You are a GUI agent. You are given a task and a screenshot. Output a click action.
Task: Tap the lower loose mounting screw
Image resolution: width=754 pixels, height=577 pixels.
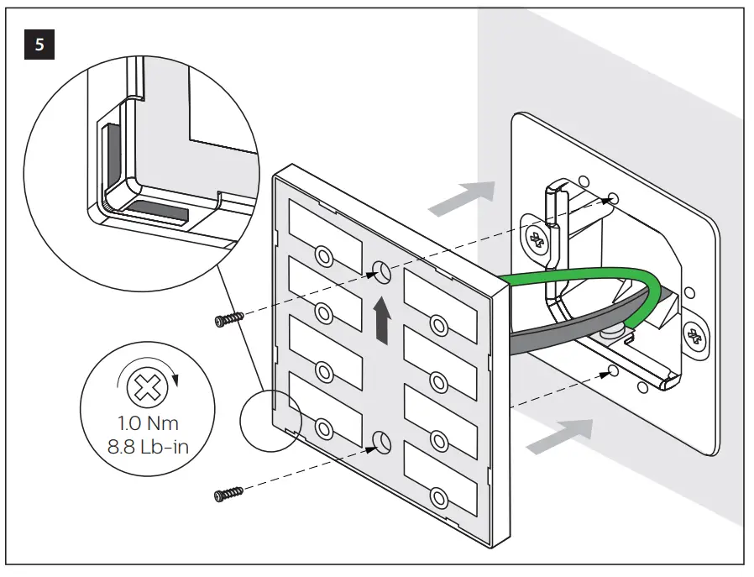(x=228, y=495)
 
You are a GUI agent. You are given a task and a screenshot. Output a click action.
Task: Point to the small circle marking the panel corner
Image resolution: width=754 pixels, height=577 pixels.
(x=270, y=417)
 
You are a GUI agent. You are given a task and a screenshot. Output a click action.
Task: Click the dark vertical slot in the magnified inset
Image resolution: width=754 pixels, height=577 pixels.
(x=109, y=156)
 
